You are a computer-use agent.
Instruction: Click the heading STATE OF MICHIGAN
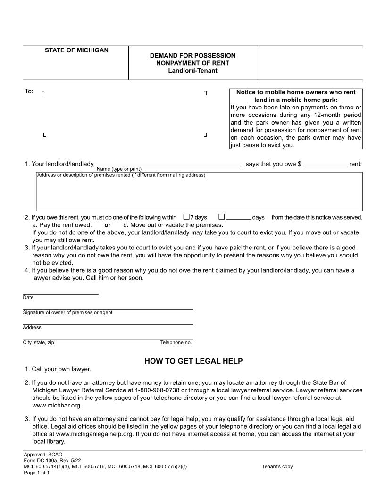(76, 50)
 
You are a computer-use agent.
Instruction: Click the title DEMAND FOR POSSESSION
(192, 55)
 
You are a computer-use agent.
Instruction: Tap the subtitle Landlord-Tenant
(192, 71)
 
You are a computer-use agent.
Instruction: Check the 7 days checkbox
(186, 217)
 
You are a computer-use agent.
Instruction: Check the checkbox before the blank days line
(222, 217)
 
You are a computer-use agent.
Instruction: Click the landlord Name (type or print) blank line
(168, 165)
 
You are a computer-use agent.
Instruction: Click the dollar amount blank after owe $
(325, 165)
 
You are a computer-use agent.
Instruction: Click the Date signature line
(60, 293)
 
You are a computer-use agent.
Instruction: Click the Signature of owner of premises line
(108, 308)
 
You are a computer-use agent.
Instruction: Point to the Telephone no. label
(176, 343)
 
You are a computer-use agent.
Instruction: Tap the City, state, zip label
(38, 343)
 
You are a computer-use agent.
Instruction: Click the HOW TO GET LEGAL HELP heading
(193, 361)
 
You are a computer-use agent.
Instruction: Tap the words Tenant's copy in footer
(277, 467)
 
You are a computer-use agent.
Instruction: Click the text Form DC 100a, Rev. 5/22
(52, 461)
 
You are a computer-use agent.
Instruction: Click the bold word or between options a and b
(108, 225)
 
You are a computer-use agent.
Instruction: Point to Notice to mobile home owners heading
(295, 92)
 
